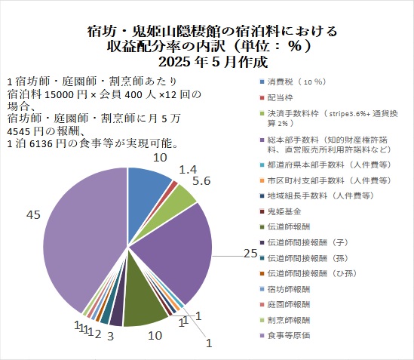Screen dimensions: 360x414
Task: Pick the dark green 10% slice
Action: (x=143, y=309)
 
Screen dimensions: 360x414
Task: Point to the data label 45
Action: (x=33, y=216)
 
